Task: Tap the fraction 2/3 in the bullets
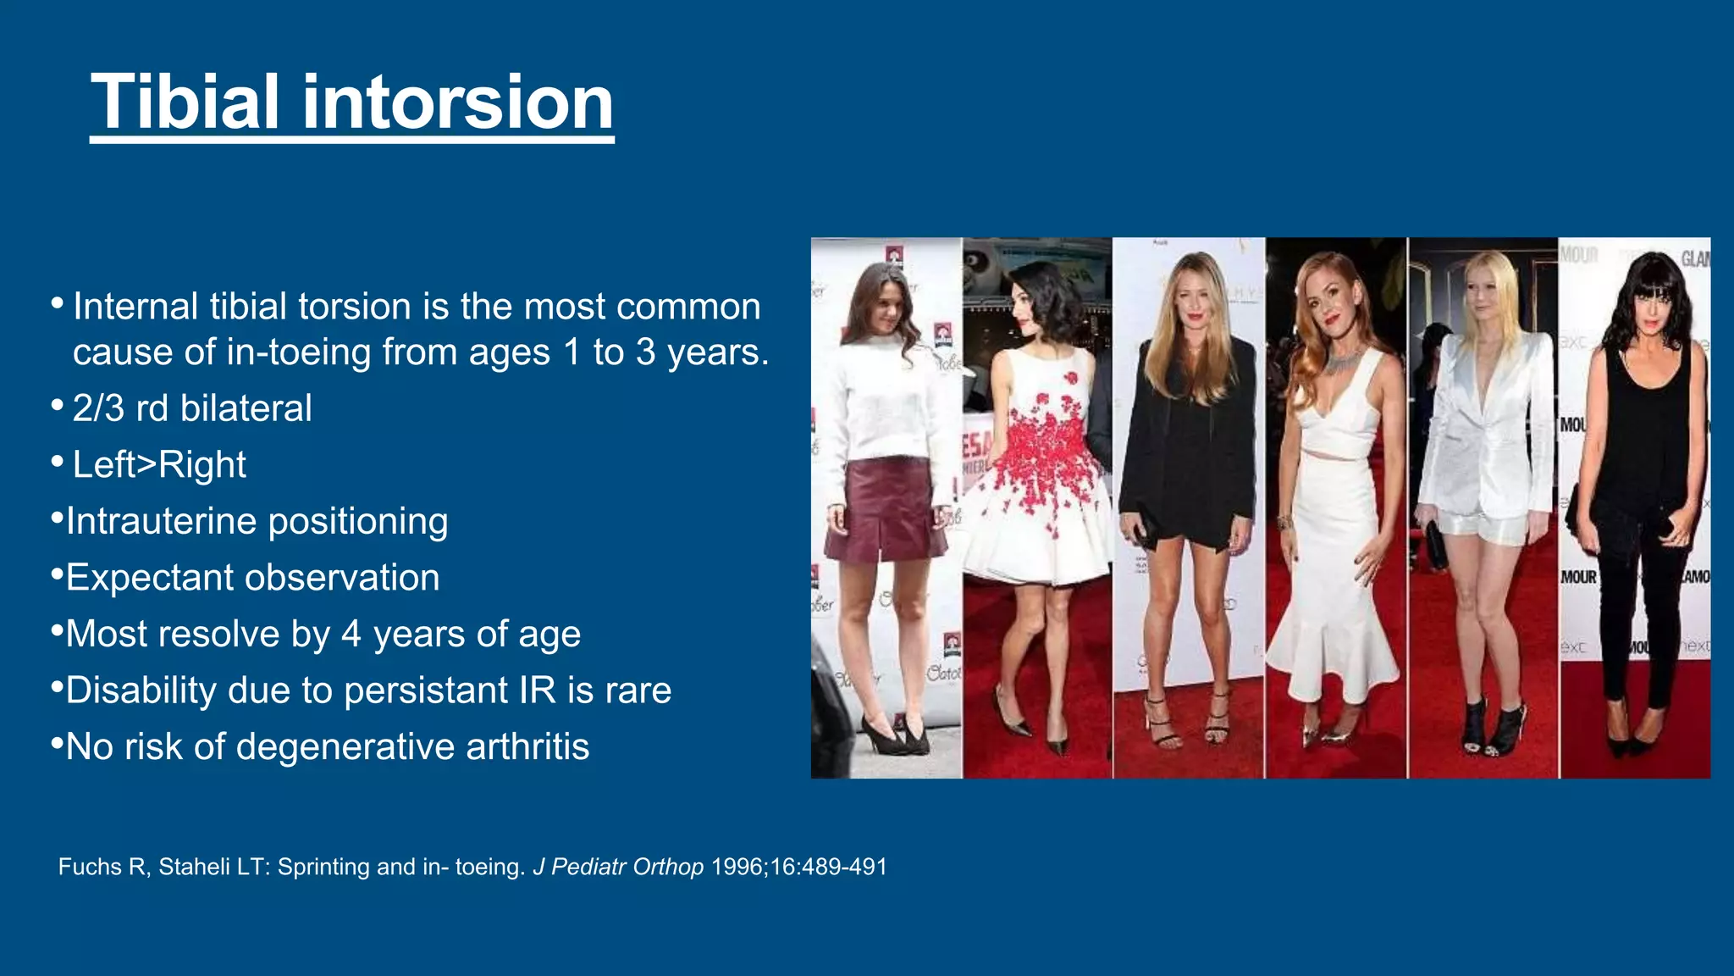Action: (x=98, y=408)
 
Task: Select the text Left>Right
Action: (x=159, y=465)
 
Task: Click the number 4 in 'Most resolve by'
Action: (x=351, y=634)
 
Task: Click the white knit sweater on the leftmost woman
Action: (x=885, y=398)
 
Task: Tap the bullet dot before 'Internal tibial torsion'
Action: (x=57, y=302)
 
